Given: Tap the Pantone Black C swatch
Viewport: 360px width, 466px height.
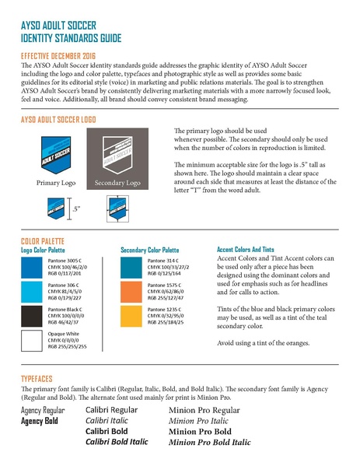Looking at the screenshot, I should [x=33, y=317].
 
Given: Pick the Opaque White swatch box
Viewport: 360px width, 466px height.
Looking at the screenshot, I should [x=33, y=342].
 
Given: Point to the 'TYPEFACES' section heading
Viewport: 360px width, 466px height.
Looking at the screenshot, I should [x=41, y=379].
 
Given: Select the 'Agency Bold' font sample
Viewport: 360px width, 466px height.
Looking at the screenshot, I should [x=40, y=421].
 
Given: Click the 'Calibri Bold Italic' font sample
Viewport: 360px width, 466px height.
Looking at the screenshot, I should [x=116, y=442].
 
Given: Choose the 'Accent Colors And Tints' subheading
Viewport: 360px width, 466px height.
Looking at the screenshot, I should [x=252, y=251].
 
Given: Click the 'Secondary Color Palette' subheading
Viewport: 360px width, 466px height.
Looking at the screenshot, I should [x=156, y=251].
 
